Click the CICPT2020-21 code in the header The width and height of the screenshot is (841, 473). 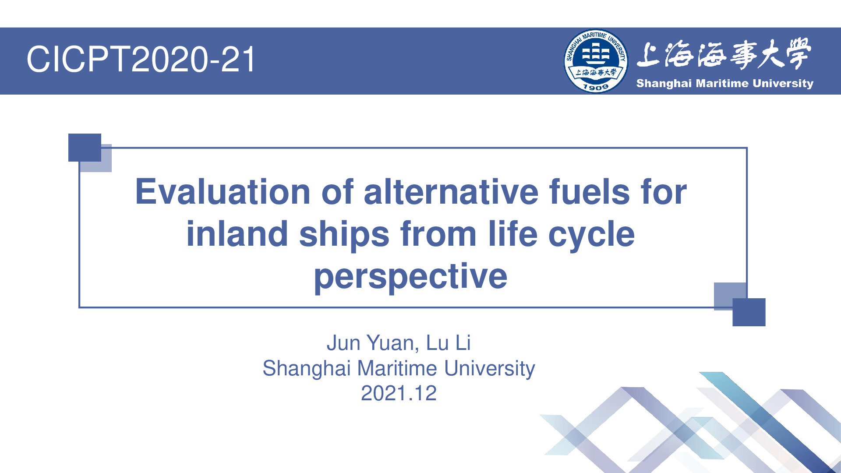tap(141, 59)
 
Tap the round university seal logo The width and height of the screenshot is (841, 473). tap(596, 61)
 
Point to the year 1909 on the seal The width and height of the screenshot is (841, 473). tap(596, 87)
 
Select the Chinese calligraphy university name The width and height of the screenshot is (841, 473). tap(724, 54)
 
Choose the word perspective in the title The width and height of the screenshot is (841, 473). tap(411, 278)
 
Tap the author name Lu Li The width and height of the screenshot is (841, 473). tap(449, 342)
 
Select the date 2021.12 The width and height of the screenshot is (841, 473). tap(399, 393)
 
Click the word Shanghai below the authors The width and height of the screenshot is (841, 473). tap(307, 369)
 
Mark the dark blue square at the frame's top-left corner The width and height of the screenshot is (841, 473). tap(85, 147)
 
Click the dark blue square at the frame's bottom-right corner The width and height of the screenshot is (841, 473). tap(749, 312)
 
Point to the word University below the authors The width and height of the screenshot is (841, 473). tap(490, 369)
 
